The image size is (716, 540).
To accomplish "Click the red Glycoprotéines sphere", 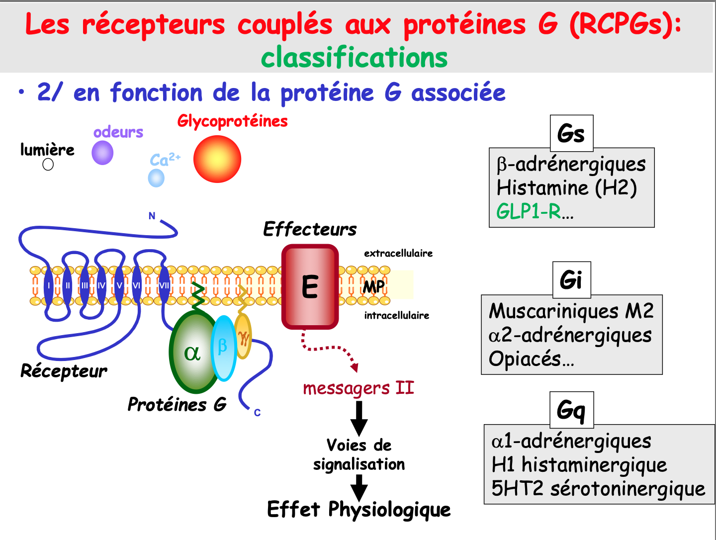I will (x=217, y=159).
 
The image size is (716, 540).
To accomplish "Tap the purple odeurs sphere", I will (x=102, y=153).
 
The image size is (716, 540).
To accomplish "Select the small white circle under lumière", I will (x=48, y=165).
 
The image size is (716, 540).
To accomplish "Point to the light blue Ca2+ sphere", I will (x=156, y=178).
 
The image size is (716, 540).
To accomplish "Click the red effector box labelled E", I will (x=310, y=287).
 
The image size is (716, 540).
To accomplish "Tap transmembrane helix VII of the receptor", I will (x=164, y=285).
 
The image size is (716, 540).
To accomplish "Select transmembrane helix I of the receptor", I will (x=49, y=285).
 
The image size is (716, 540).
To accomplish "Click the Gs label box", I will (x=571, y=133).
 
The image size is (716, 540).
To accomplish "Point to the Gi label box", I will (x=571, y=279).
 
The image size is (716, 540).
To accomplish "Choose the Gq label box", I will (x=571, y=410).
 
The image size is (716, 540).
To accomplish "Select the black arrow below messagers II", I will (x=358, y=418).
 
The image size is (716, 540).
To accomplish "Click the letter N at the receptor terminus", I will (x=152, y=216).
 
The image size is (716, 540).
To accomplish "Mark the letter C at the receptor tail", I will (x=257, y=413).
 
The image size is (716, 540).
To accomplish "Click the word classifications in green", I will (x=354, y=57).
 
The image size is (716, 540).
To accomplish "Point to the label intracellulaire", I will (x=396, y=315).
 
